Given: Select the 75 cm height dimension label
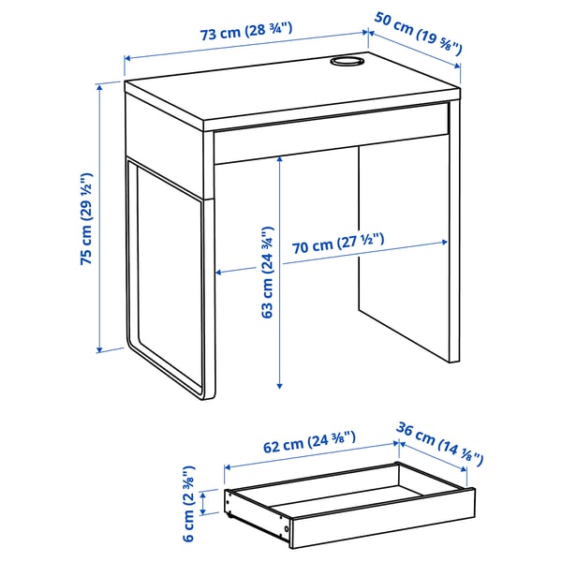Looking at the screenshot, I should pos(88,219).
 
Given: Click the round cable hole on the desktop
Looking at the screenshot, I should pos(346,63).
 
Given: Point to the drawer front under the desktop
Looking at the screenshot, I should pos(328,140).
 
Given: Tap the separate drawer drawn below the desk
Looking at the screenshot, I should pos(347,501).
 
